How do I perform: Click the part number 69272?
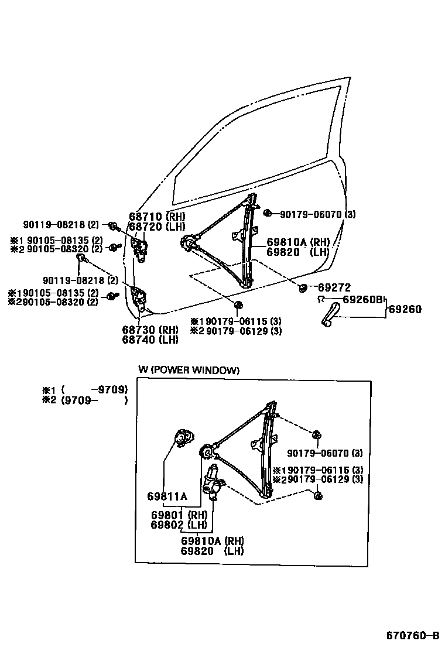[x=334, y=287]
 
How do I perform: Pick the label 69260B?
[x=362, y=300]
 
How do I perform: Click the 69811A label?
[x=167, y=496]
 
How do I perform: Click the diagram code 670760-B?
[x=412, y=636]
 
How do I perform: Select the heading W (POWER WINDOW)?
[x=189, y=370]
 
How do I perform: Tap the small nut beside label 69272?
[x=303, y=287]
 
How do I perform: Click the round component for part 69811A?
[x=185, y=438]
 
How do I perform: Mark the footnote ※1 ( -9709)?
[x=84, y=389]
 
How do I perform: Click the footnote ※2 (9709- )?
[x=84, y=400]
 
